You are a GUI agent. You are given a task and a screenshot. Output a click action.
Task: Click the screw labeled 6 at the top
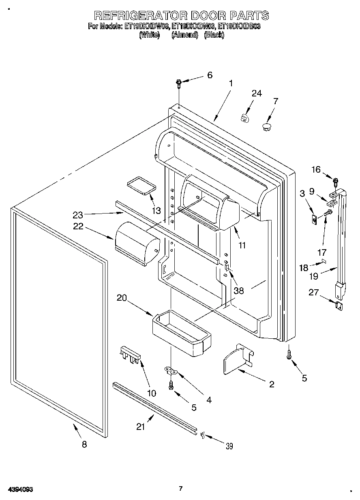[x=179, y=83]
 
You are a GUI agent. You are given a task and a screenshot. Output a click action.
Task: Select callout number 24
[x=256, y=94]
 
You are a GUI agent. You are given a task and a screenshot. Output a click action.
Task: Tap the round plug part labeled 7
[x=266, y=127]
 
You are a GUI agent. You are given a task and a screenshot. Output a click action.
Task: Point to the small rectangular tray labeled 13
[x=141, y=185]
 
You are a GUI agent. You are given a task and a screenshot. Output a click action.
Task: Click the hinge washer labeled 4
[x=170, y=370]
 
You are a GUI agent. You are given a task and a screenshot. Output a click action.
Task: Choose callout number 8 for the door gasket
[x=84, y=444]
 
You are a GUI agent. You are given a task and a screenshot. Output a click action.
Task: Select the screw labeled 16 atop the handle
[x=335, y=180]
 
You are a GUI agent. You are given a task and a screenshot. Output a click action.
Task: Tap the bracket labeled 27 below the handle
[x=339, y=306]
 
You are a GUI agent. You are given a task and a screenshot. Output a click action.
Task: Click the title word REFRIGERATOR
[x=140, y=16]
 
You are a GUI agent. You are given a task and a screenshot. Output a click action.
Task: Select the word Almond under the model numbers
[x=184, y=35]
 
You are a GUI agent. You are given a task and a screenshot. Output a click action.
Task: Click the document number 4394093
[x=19, y=489]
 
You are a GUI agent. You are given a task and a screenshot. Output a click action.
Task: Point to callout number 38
[x=238, y=291]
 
